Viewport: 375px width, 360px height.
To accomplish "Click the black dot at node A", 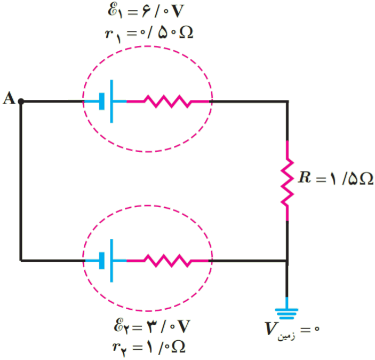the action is (21, 101).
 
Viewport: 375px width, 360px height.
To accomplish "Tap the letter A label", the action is (9, 98).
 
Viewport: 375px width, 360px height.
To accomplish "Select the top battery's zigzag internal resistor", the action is (167, 101).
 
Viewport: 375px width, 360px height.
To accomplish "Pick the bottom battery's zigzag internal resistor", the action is (167, 261).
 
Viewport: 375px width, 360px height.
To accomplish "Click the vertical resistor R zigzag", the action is (287, 181).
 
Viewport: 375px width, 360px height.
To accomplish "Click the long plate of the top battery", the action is (111, 101).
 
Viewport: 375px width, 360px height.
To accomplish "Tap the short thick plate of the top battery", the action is (102, 101).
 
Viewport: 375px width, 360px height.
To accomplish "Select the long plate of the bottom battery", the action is (111, 261).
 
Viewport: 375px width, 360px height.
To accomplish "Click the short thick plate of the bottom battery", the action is (102, 261).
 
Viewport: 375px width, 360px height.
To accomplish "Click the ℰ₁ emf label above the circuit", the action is (146, 11).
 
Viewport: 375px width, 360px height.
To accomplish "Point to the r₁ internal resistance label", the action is (149, 33).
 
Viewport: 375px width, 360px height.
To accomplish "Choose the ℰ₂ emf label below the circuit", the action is (152, 326).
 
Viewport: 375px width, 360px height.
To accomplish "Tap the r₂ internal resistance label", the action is (149, 348).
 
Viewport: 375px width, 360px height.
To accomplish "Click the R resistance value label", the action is (336, 178).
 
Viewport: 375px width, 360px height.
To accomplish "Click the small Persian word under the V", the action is (286, 336).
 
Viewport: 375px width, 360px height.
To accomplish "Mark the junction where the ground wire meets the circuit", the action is (287, 261).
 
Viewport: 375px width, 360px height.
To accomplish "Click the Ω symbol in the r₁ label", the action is (186, 32).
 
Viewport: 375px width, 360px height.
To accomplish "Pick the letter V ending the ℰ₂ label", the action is (183, 326).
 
